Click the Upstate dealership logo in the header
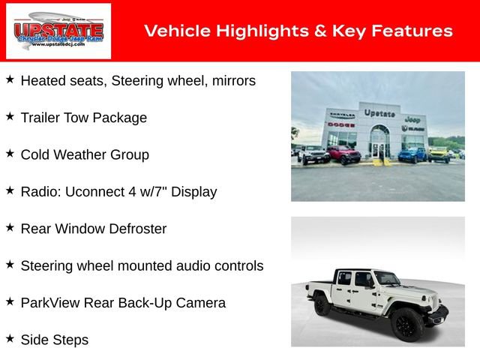pos(58,31)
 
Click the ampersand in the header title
pos(293,31)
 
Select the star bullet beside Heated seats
pos(10,79)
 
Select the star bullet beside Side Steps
pos(10,338)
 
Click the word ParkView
pos(52,303)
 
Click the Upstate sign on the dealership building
pos(379,113)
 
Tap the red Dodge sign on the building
pos(341,124)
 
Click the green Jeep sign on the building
pos(412,119)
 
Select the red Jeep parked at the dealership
pos(343,154)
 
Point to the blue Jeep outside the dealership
pos(412,154)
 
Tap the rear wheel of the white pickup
pos(322,305)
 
